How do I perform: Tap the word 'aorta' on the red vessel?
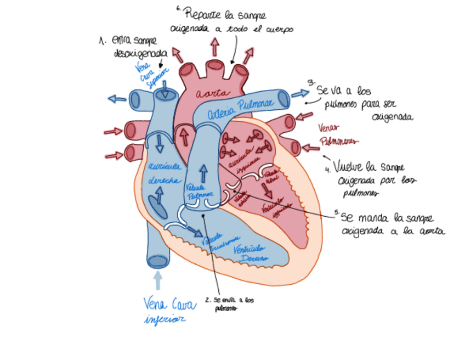pyautogui.click(x=211, y=93)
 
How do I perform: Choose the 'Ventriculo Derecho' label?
pyautogui.click(x=250, y=254)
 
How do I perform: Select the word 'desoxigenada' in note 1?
pyautogui.click(x=140, y=53)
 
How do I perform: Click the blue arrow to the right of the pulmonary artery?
pyautogui.click(x=299, y=94)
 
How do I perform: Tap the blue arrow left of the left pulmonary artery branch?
pyautogui.click(x=117, y=99)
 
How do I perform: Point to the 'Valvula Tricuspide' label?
pyautogui.click(x=219, y=242)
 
